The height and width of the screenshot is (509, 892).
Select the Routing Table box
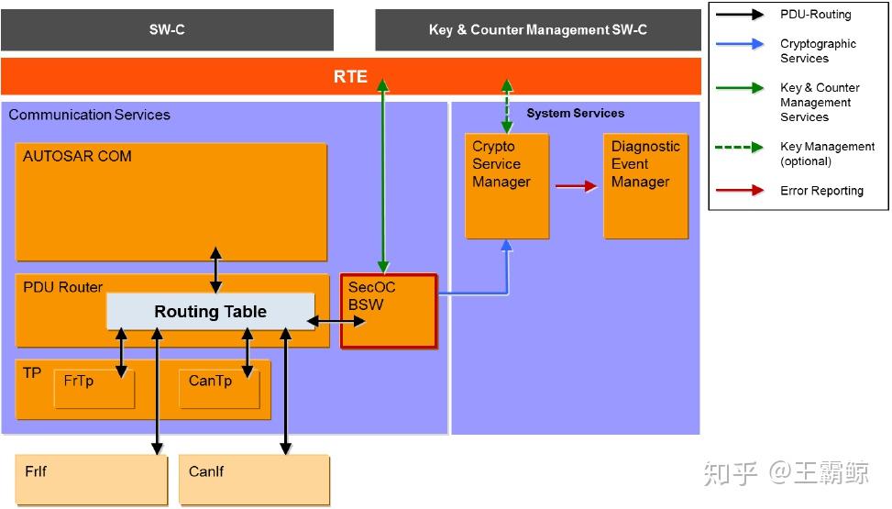click(210, 312)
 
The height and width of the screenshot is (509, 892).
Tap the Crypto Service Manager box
click(506, 186)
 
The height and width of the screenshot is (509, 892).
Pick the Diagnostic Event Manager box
click(645, 186)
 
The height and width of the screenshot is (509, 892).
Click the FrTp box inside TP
click(94, 390)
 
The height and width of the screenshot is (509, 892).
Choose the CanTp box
click(218, 390)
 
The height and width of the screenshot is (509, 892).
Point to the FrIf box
click(91, 479)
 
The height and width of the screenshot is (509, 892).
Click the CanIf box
click(254, 479)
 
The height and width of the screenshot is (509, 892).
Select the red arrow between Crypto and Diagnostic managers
click(576, 186)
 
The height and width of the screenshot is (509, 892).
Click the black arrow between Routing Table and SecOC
click(336, 322)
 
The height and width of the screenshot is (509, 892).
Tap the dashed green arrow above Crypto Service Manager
click(505, 106)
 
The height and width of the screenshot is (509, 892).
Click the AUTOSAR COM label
click(77, 157)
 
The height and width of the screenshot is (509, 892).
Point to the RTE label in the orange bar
click(350, 77)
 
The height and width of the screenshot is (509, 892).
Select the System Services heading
click(575, 114)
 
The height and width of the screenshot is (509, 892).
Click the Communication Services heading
click(89, 116)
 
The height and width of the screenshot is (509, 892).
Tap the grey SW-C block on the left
click(167, 30)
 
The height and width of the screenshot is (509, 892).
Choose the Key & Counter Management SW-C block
click(537, 30)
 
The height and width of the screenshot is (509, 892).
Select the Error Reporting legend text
click(821, 191)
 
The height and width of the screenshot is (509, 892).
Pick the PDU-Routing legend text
click(815, 15)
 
